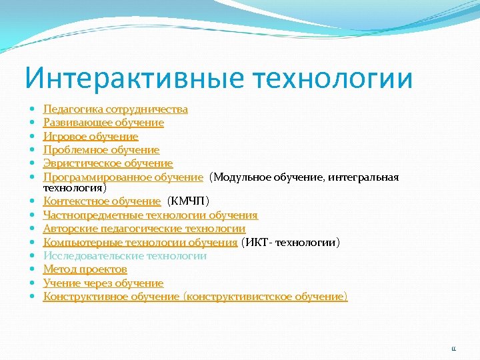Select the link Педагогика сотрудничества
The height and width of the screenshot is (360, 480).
[x=115, y=109]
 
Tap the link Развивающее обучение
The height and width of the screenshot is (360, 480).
[x=103, y=123]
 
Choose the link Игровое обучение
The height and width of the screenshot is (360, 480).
[x=91, y=136]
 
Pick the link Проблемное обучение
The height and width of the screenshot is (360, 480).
[x=101, y=150]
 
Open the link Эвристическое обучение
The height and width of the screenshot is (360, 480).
[x=108, y=163]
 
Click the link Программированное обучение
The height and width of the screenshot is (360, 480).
[x=123, y=177]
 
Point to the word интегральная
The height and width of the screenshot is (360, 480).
[x=364, y=177]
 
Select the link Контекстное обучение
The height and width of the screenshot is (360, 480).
[x=102, y=201]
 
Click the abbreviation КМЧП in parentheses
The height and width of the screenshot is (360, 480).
[x=189, y=201]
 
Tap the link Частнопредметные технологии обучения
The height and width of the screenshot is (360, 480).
[x=150, y=215]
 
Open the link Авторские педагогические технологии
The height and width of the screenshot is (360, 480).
[x=144, y=229]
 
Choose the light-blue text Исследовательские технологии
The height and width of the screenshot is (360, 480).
[x=125, y=255]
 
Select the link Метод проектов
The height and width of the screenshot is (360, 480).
[x=85, y=269]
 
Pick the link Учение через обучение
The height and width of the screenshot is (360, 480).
[x=103, y=283]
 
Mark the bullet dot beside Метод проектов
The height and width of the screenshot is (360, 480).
[x=31, y=269]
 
